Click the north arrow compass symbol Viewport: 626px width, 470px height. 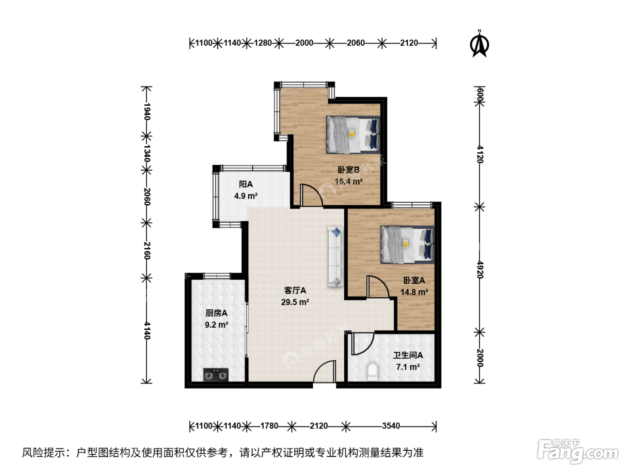point(479,44)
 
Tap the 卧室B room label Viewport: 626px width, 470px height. point(348,170)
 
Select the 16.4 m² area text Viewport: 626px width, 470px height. point(348,181)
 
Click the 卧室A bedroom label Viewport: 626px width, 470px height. point(414,280)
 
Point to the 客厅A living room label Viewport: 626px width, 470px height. point(295,290)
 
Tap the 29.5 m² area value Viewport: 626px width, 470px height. point(295,302)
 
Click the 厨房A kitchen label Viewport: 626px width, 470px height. point(216,313)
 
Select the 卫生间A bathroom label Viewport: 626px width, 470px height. point(408,355)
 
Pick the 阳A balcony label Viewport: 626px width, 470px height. point(245,184)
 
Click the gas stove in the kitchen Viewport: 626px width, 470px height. point(216,375)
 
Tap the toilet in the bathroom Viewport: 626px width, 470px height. point(372,372)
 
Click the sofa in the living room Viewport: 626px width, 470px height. point(335,256)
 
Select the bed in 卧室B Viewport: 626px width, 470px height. point(353,135)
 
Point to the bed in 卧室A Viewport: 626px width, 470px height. point(407,244)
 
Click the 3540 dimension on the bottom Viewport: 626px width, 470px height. point(391,426)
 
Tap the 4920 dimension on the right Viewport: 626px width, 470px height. point(480,269)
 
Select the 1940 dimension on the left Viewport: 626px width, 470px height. point(147,111)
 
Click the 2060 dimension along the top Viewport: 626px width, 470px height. point(355,43)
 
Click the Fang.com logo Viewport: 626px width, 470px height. point(577,451)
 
